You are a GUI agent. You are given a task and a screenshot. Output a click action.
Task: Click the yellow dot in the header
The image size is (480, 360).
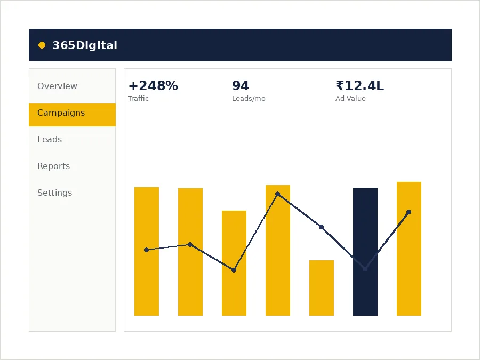(x=42, y=45)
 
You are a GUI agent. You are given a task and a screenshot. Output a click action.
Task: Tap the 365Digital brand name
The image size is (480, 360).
(x=85, y=45)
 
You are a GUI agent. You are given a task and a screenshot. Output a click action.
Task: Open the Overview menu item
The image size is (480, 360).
(x=57, y=86)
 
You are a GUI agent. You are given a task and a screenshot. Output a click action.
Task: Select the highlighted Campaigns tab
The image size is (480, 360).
(x=72, y=115)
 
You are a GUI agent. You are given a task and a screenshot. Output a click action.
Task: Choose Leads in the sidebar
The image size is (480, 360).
(x=50, y=140)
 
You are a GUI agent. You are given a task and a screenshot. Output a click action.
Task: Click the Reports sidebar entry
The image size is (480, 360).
(x=53, y=166)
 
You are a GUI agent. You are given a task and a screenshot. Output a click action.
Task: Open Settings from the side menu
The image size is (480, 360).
(x=55, y=193)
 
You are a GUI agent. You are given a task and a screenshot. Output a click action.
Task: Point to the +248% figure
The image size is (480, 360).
(x=153, y=86)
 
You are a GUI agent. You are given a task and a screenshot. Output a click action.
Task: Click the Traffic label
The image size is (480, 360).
(x=138, y=98)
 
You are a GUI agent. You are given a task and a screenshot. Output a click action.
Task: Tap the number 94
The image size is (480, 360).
(x=241, y=86)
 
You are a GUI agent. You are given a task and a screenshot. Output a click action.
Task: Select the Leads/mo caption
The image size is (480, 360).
(x=249, y=99)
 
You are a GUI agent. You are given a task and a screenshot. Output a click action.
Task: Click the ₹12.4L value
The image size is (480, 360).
(x=359, y=86)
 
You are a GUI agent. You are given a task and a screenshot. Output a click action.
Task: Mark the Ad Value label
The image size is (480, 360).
(x=350, y=98)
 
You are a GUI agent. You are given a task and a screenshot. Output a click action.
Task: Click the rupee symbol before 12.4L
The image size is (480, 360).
(x=340, y=86)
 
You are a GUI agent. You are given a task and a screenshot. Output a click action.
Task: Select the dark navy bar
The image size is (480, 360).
(x=365, y=252)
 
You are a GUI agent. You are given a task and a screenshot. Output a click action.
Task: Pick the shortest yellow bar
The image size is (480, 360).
(x=322, y=288)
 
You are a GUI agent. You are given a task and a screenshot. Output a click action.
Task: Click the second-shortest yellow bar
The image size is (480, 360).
(x=234, y=263)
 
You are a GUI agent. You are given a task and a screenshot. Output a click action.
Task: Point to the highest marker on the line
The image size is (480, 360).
(x=278, y=194)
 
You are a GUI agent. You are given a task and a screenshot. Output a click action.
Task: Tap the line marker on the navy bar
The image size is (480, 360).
(x=365, y=269)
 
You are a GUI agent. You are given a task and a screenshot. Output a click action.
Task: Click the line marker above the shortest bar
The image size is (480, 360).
(x=322, y=227)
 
